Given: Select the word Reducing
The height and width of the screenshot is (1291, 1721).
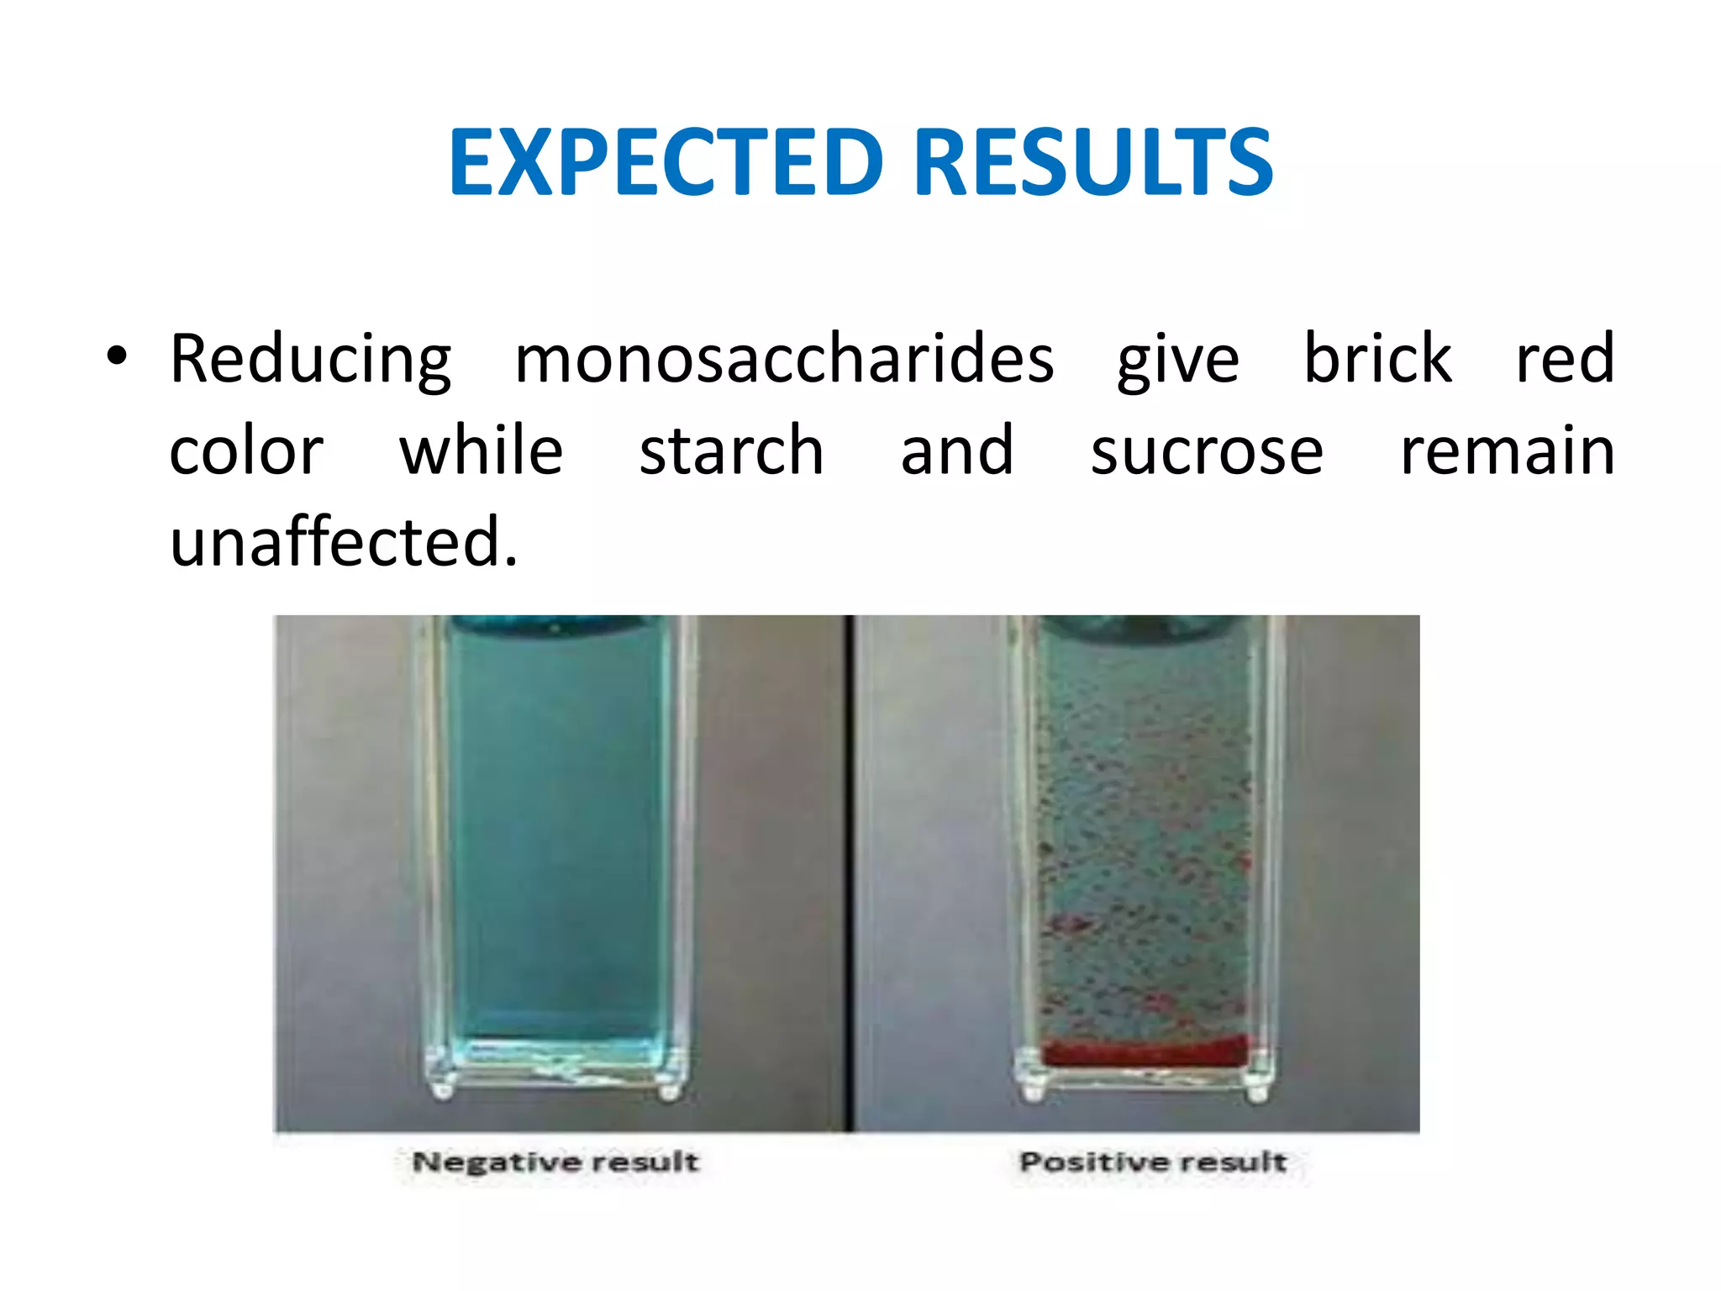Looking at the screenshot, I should [310, 360].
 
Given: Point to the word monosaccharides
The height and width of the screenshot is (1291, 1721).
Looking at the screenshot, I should [784, 360].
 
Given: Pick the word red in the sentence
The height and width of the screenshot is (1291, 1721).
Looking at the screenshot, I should [1564, 360].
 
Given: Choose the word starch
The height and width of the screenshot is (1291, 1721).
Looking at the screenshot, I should [731, 451].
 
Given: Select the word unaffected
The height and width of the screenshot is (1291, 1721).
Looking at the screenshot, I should [343, 542].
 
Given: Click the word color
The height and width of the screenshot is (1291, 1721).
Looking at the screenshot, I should [246, 452].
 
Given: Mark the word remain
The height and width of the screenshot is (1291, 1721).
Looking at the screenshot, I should [1507, 452].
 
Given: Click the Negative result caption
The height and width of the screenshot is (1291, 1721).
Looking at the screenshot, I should [555, 1162].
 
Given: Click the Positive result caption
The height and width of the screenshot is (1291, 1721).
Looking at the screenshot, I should [1152, 1162].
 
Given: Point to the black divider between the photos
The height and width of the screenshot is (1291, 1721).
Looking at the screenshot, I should [850, 874].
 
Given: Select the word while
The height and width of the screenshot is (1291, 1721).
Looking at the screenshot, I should [481, 451].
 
